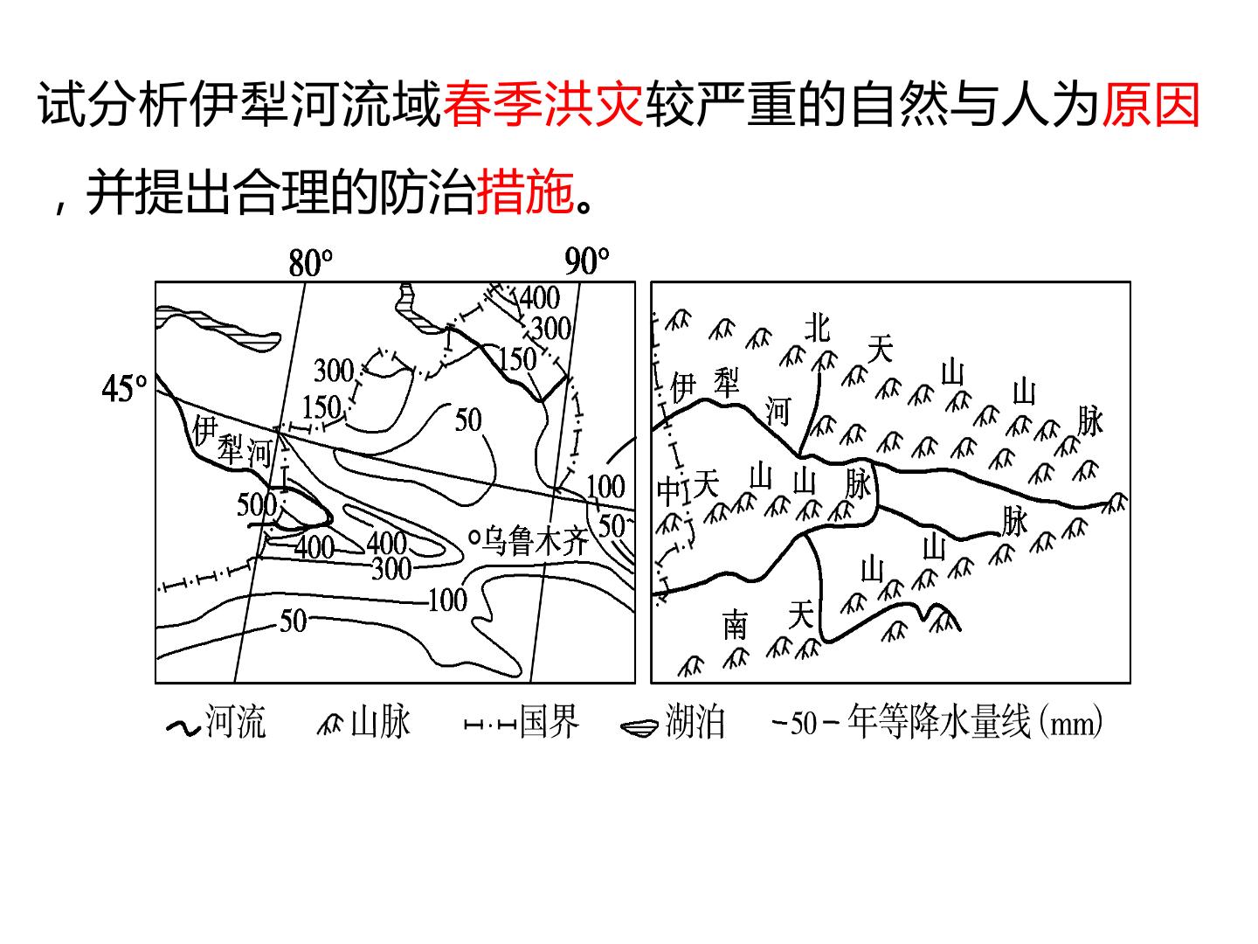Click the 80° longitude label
pyautogui.click(x=310, y=263)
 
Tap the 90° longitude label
pyautogui.click(x=586, y=261)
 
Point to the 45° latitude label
pyautogui.click(x=124, y=389)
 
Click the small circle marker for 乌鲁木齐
pyautogui.click(x=474, y=538)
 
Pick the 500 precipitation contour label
pyautogui.click(x=257, y=505)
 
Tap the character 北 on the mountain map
pyautogui.click(x=817, y=329)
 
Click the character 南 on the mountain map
pyautogui.click(x=736, y=625)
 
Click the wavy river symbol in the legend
pyautogui.click(x=183, y=727)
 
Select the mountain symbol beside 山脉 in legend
pyautogui.click(x=330, y=725)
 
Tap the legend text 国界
pyautogui.click(x=549, y=721)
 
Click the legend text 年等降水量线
pyautogui.click(x=938, y=721)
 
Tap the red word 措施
pyautogui.click(x=525, y=191)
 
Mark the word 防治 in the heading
pyautogui.click(x=426, y=191)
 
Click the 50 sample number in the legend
pyautogui.click(x=803, y=724)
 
